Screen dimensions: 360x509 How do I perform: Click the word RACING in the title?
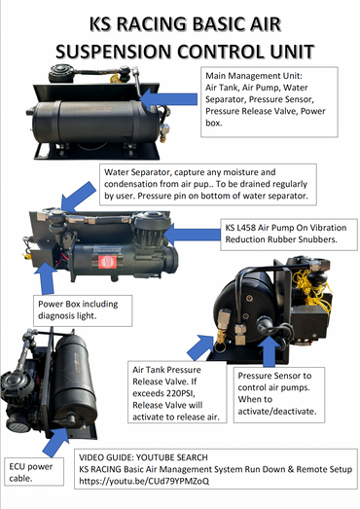(x=152, y=24)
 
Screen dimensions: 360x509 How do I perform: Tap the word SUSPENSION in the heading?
(x=114, y=52)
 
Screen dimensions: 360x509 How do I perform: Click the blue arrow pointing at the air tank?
(x=168, y=99)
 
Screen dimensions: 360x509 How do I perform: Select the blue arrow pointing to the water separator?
(x=78, y=197)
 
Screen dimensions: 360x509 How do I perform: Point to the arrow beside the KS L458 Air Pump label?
(x=192, y=235)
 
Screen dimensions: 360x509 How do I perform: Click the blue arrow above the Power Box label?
(x=47, y=278)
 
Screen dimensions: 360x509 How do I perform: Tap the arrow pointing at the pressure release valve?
(x=200, y=347)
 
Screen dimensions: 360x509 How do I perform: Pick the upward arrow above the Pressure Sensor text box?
(x=269, y=351)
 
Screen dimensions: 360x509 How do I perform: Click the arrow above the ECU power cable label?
(x=55, y=442)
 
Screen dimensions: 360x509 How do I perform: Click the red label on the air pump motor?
(x=107, y=262)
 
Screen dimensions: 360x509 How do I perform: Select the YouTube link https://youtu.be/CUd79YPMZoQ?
(x=144, y=481)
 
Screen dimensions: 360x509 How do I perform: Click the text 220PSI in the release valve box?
(x=180, y=393)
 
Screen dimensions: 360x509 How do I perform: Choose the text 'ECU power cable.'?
(x=31, y=472)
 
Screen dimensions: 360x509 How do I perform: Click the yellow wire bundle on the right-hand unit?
(x=311, y=290)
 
